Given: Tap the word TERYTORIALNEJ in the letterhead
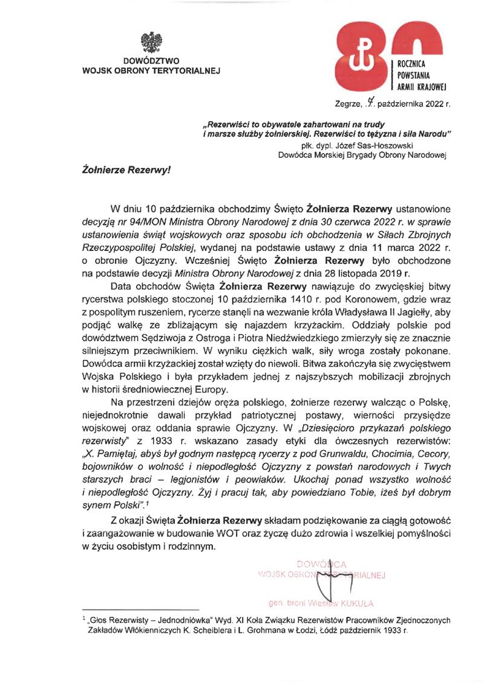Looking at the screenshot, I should (x=186, y=70).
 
